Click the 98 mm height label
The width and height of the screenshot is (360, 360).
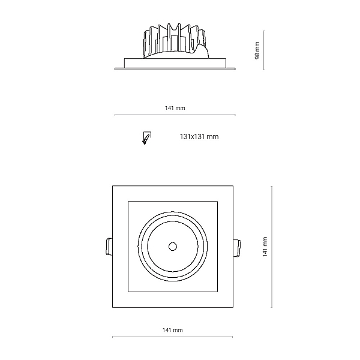click(257, 50)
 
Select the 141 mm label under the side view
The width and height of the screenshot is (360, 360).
click(175, 108)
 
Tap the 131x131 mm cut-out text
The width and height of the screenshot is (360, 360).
click(199, 137)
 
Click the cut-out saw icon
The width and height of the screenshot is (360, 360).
click(147, 138)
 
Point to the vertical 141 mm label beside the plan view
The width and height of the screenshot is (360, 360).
click(265, 247)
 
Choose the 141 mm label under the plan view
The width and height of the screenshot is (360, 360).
click(173, 330)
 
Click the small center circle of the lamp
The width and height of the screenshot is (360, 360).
click(173, 247)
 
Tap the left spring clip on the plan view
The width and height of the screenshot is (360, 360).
click(109, 247)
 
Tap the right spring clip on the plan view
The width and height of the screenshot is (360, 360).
click(237, 248)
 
